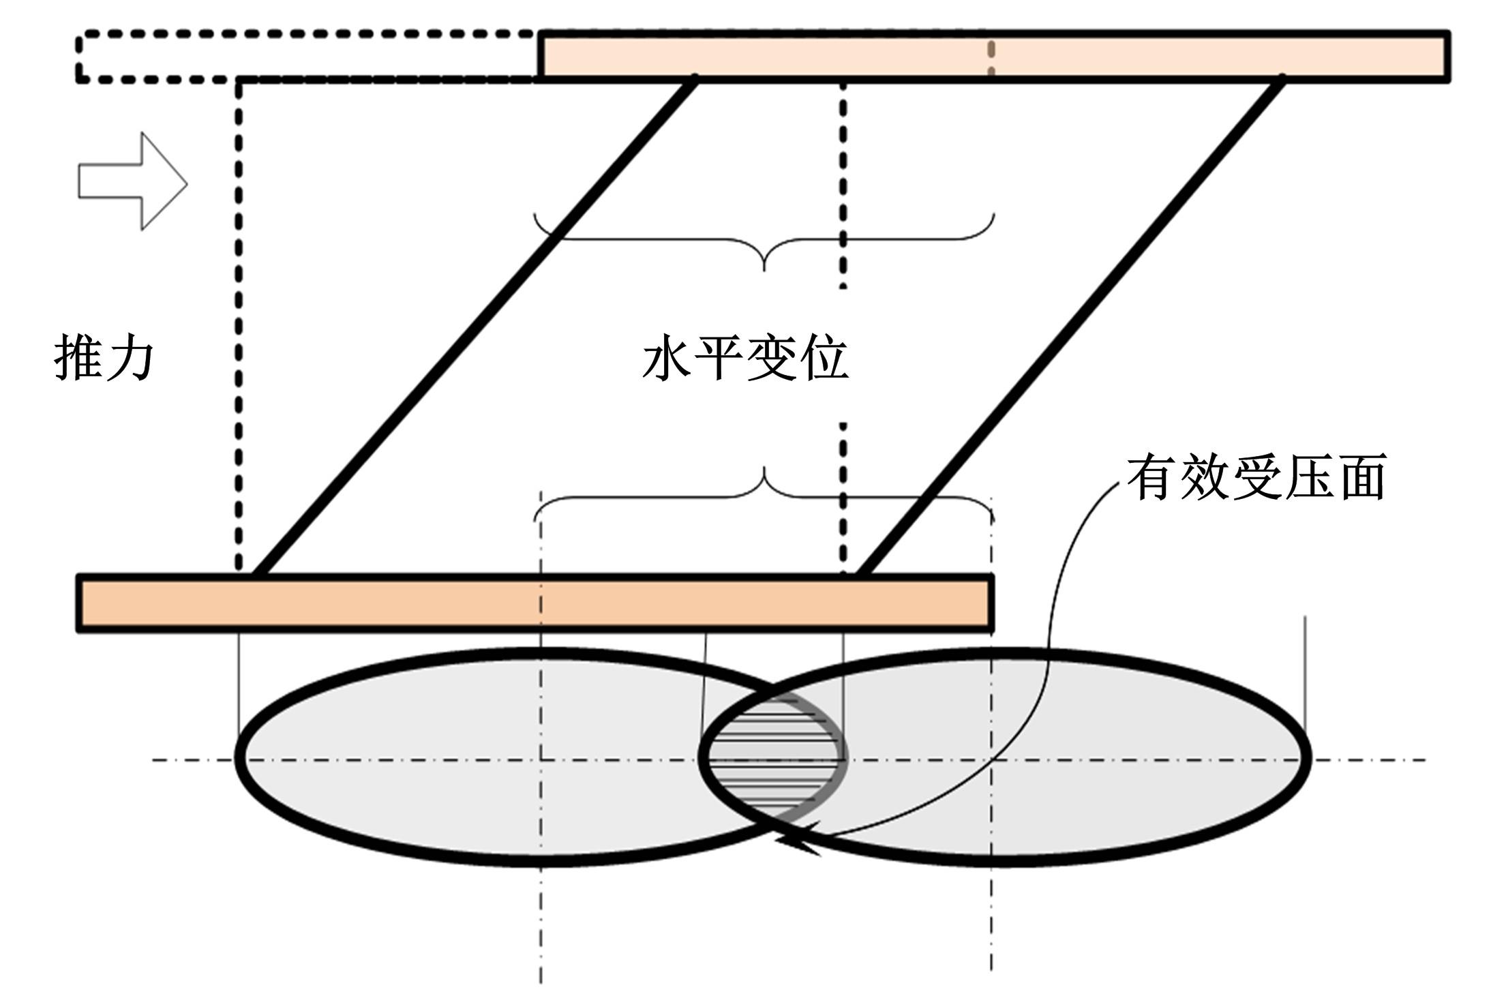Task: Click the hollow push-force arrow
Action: pyautogui.click(x=132, y=181)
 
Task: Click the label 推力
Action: pyautogui.click(x=104, y=357)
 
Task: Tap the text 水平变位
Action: pyautogui.click(x=746, y=359)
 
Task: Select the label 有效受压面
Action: pyautogui.click(x=1256, y=477)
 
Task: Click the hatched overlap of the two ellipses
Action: pyautogui.click(x=773, y=757)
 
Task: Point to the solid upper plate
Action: pyautogui.click(x=994, y=56)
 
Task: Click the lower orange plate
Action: pyautogui.click(x=535, y=603)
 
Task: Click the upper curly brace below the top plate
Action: pyautogui.click(x=764, y=242)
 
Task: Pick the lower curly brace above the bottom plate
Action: pyautogui.click(x=764, y=494)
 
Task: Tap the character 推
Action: pyautogui.click(x=78, y=357)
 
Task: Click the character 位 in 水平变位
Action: pyautogui.click(x=825, y=359)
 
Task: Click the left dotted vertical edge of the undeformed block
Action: pyautogui.click(x=239, y=326)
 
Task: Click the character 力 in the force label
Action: pyautogui.click(x=130, y=357)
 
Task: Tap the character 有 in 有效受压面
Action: pyautogui.click(x=1151, y=477)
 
